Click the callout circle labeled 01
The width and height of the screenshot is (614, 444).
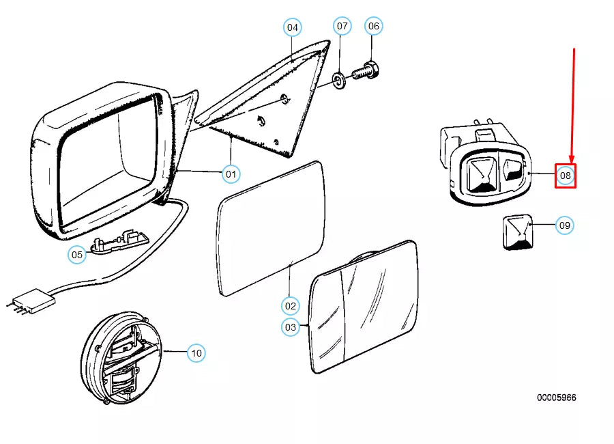[231, 174]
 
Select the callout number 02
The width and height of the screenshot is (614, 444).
[290, 306]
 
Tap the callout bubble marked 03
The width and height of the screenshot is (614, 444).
[291, 327]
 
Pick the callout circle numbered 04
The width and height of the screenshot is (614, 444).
[293, 27]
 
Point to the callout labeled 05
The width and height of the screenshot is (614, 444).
[77, 255]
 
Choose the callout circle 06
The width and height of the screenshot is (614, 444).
[374, 26]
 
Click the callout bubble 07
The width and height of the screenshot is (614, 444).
[342, 26]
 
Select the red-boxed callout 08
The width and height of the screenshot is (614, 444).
[565, 176]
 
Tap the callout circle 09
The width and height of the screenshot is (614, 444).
[565, 225]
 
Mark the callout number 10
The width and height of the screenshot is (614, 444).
[196, 353]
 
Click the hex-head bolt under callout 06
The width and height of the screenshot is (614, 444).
[366, 71]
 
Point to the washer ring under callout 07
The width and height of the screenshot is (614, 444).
[338, 80]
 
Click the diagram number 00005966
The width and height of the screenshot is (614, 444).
[557, 398]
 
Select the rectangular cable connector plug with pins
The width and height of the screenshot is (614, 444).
[31, 302]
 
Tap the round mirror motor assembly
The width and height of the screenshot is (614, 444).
[121, 358]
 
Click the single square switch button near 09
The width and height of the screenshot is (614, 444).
[518, 232]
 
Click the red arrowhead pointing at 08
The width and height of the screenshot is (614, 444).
[572, 159]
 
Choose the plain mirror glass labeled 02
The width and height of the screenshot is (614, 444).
[271, 228]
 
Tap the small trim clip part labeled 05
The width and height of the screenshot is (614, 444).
[120, 240]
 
